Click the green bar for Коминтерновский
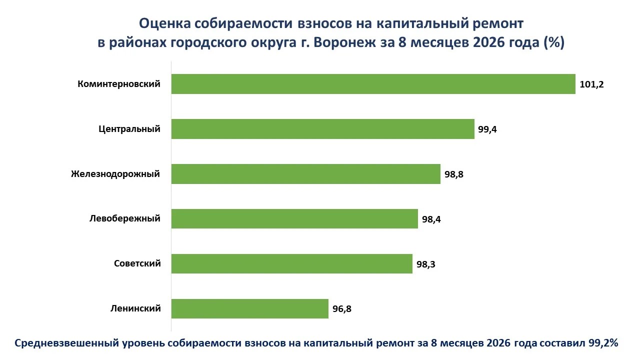click(x=373, y=84)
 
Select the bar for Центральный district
click(x=323, y=129)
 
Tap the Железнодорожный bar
click(x=305, y=173)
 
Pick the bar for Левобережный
click(x=294, y=218)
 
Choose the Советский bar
click(x=291, y=263)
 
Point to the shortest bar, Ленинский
click(x=249, y=308)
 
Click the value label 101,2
click(x=591, y=84)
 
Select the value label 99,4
click(x=487, y=129)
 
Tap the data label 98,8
click(x=453, y=174)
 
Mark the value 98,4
click(x=431, y=219)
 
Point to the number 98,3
click(x=425, y=264)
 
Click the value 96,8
click(x=341, y=309)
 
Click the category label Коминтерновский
click(x=119, y=84)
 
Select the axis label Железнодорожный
click(x=115, y=173)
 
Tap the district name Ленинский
click(x=135, y=308)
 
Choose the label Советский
click(x=137, y=263)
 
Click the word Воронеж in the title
click(x=344, y=42)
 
